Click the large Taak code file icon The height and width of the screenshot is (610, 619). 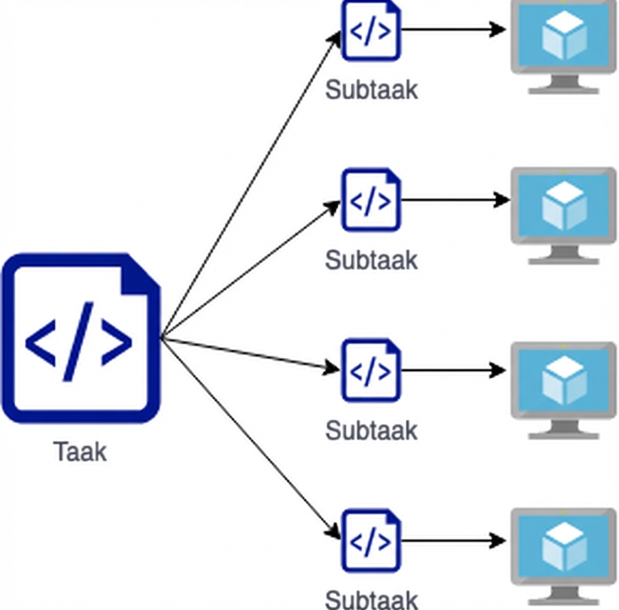click(81, 338)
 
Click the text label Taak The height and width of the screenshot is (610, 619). click(80, 452)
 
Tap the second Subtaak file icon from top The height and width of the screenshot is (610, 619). click(371, 200)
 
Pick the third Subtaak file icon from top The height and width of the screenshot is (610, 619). click(371, 370)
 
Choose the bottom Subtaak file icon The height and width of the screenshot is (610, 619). click(371, 540)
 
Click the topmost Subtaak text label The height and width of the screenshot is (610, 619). click(371, 90)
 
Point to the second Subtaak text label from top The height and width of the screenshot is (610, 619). click(371, 260)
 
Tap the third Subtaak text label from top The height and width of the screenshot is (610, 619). click(371, 430)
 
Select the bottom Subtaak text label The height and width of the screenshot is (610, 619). click(371, 599)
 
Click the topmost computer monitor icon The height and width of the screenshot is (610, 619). click(564, 45)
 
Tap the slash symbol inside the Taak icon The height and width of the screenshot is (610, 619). click(79, 341)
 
